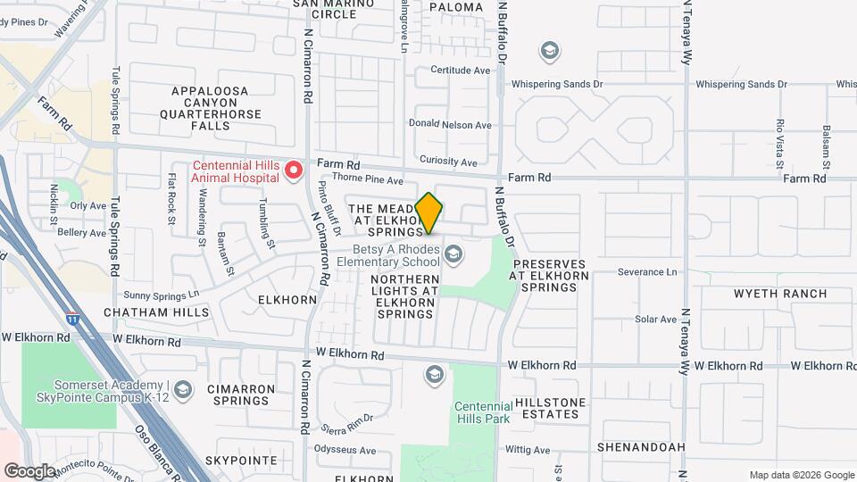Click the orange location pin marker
point(429,212)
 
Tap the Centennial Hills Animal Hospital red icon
point(292,169)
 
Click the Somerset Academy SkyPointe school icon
point(183,389)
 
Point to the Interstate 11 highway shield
point(71,318)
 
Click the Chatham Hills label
point(156,312)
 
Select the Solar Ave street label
point(655,319)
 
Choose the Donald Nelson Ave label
point(450,125)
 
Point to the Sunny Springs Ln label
point(162,294)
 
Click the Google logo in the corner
point(29,470)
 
